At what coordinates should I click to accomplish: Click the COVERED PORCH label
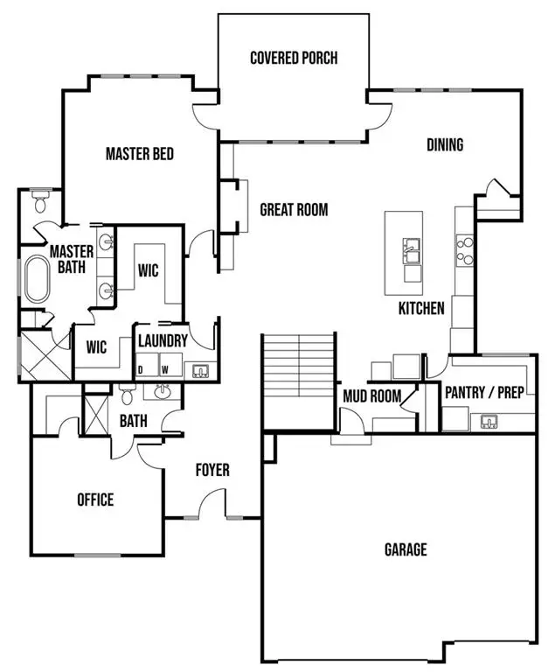click(x=294, y=59)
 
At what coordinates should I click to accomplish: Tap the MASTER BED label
click(x=139, y=154)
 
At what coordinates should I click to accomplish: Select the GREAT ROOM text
click(x=294, y=210)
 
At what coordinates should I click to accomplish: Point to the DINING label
click(x=444, y=145)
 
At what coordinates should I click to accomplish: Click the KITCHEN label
click(x=421, y=308)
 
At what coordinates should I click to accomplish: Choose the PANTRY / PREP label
click(x=484, y=392)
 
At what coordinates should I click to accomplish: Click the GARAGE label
click(x=406, y=549)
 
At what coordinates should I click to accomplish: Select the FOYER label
click(x=212, y=471)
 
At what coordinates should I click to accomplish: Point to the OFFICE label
click(x=95, y=500)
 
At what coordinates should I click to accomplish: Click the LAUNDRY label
click(x=163, y=341)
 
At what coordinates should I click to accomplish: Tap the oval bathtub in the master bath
click(x=36, y=280)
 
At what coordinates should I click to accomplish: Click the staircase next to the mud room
click(x=300, y=367)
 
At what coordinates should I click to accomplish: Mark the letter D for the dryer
click(x=140, y=369)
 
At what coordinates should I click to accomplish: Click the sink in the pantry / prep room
click(x=489, y=423)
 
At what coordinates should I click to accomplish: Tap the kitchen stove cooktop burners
click(x=463, y=251)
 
